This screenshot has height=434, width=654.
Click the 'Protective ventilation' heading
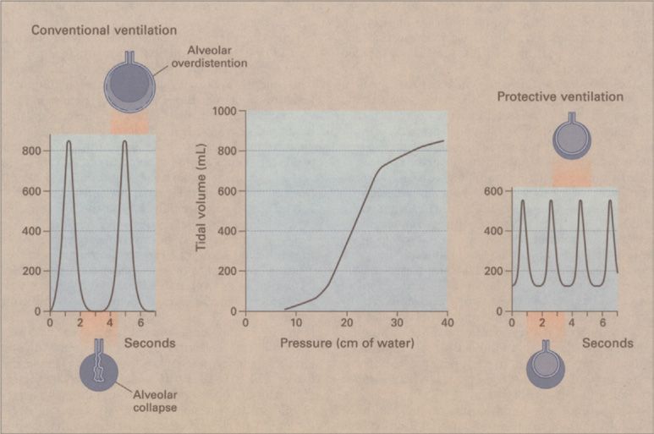[559, 96]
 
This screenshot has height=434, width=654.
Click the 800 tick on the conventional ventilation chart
[32, 151]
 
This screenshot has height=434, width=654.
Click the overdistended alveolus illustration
[129, 83]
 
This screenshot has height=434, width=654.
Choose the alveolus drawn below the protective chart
[546, 365]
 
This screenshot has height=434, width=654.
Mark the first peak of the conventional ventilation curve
[69, 141]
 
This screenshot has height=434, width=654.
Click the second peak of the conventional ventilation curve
[125, 141]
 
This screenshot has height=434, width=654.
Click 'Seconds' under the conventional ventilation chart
[150, 343]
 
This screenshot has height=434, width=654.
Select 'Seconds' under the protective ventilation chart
[607, 343]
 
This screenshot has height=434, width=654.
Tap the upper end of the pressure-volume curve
[442, 141]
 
